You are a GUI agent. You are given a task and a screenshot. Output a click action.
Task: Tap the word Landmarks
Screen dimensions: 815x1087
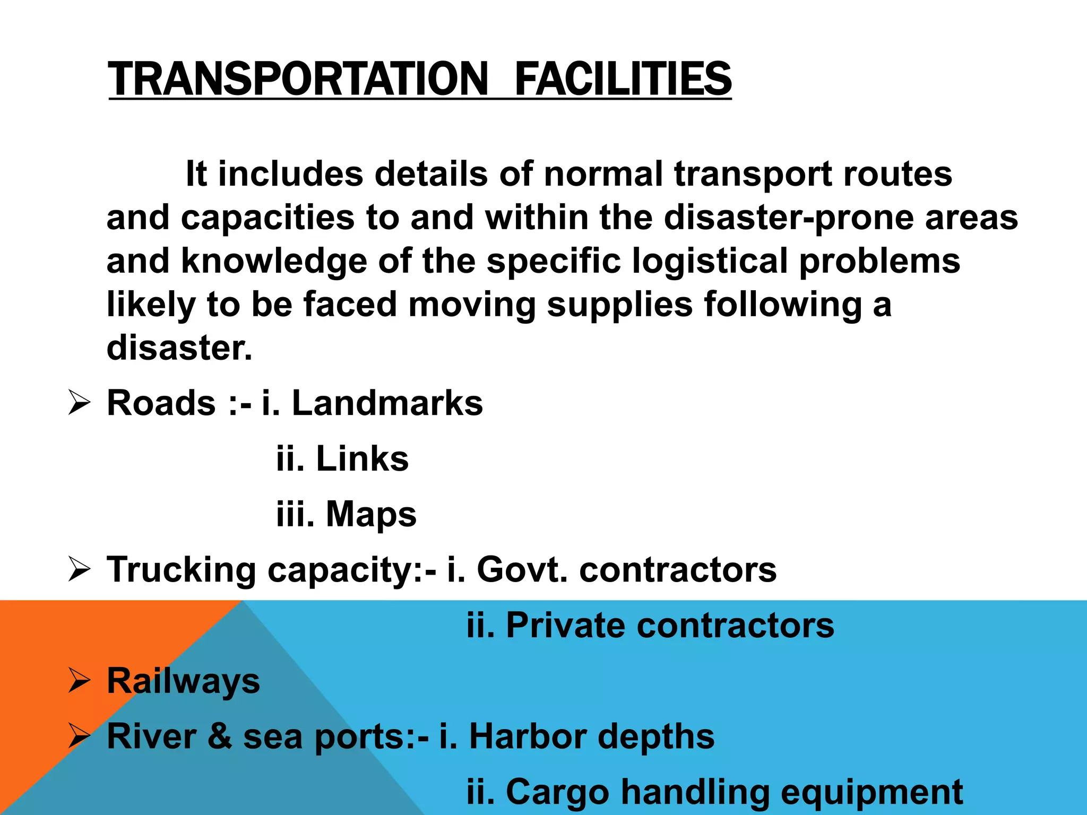click(x=387, y=403)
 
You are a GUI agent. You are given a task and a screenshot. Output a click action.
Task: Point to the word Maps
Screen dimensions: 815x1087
click(x=371, y=514)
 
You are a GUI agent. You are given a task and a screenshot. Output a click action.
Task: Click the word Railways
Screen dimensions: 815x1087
click(x=184, y=681)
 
